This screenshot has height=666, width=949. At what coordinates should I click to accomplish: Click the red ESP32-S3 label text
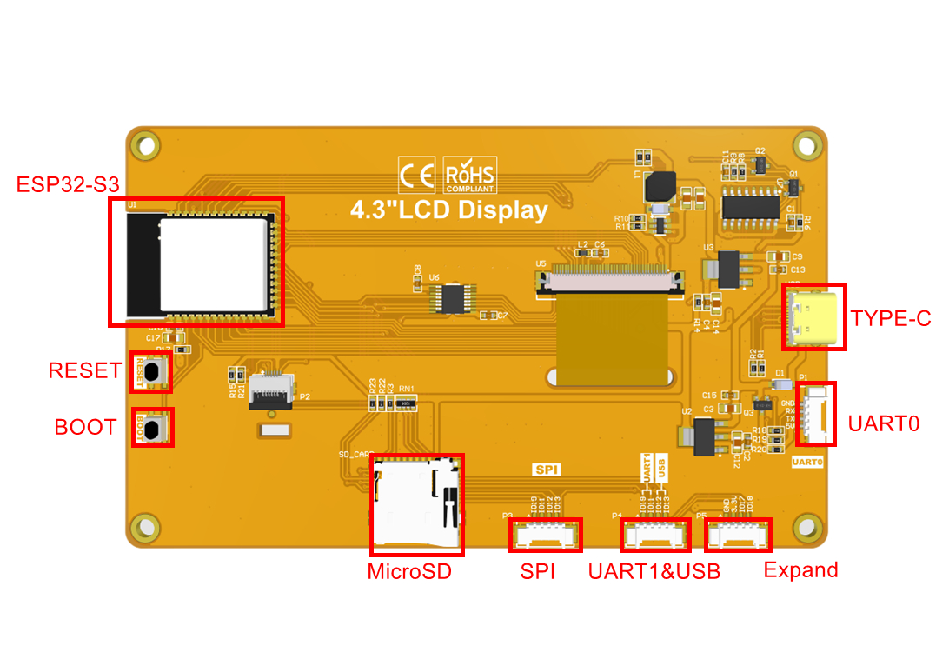[68, 184]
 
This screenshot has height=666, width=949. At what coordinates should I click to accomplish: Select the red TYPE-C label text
[891, 318]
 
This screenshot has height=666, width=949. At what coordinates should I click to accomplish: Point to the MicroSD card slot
[416, 504]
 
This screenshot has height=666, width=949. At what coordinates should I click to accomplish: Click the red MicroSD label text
[409, 571]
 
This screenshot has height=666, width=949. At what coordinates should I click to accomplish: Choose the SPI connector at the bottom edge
[545, 536]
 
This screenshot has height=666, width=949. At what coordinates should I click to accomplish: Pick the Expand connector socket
[738, 535]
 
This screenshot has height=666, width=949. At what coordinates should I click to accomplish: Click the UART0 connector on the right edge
[816, 414]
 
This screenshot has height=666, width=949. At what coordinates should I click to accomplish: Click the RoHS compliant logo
[470, 175]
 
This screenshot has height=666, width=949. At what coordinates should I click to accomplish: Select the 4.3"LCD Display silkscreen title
[448, 210]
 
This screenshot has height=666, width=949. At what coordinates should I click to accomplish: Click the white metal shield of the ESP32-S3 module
[214, 264]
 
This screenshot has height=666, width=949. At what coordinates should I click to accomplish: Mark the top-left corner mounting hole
[145, 144]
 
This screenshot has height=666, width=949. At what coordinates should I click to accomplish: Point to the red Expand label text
[800, 570]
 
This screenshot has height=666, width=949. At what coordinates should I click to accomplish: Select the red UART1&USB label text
[654, 571]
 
